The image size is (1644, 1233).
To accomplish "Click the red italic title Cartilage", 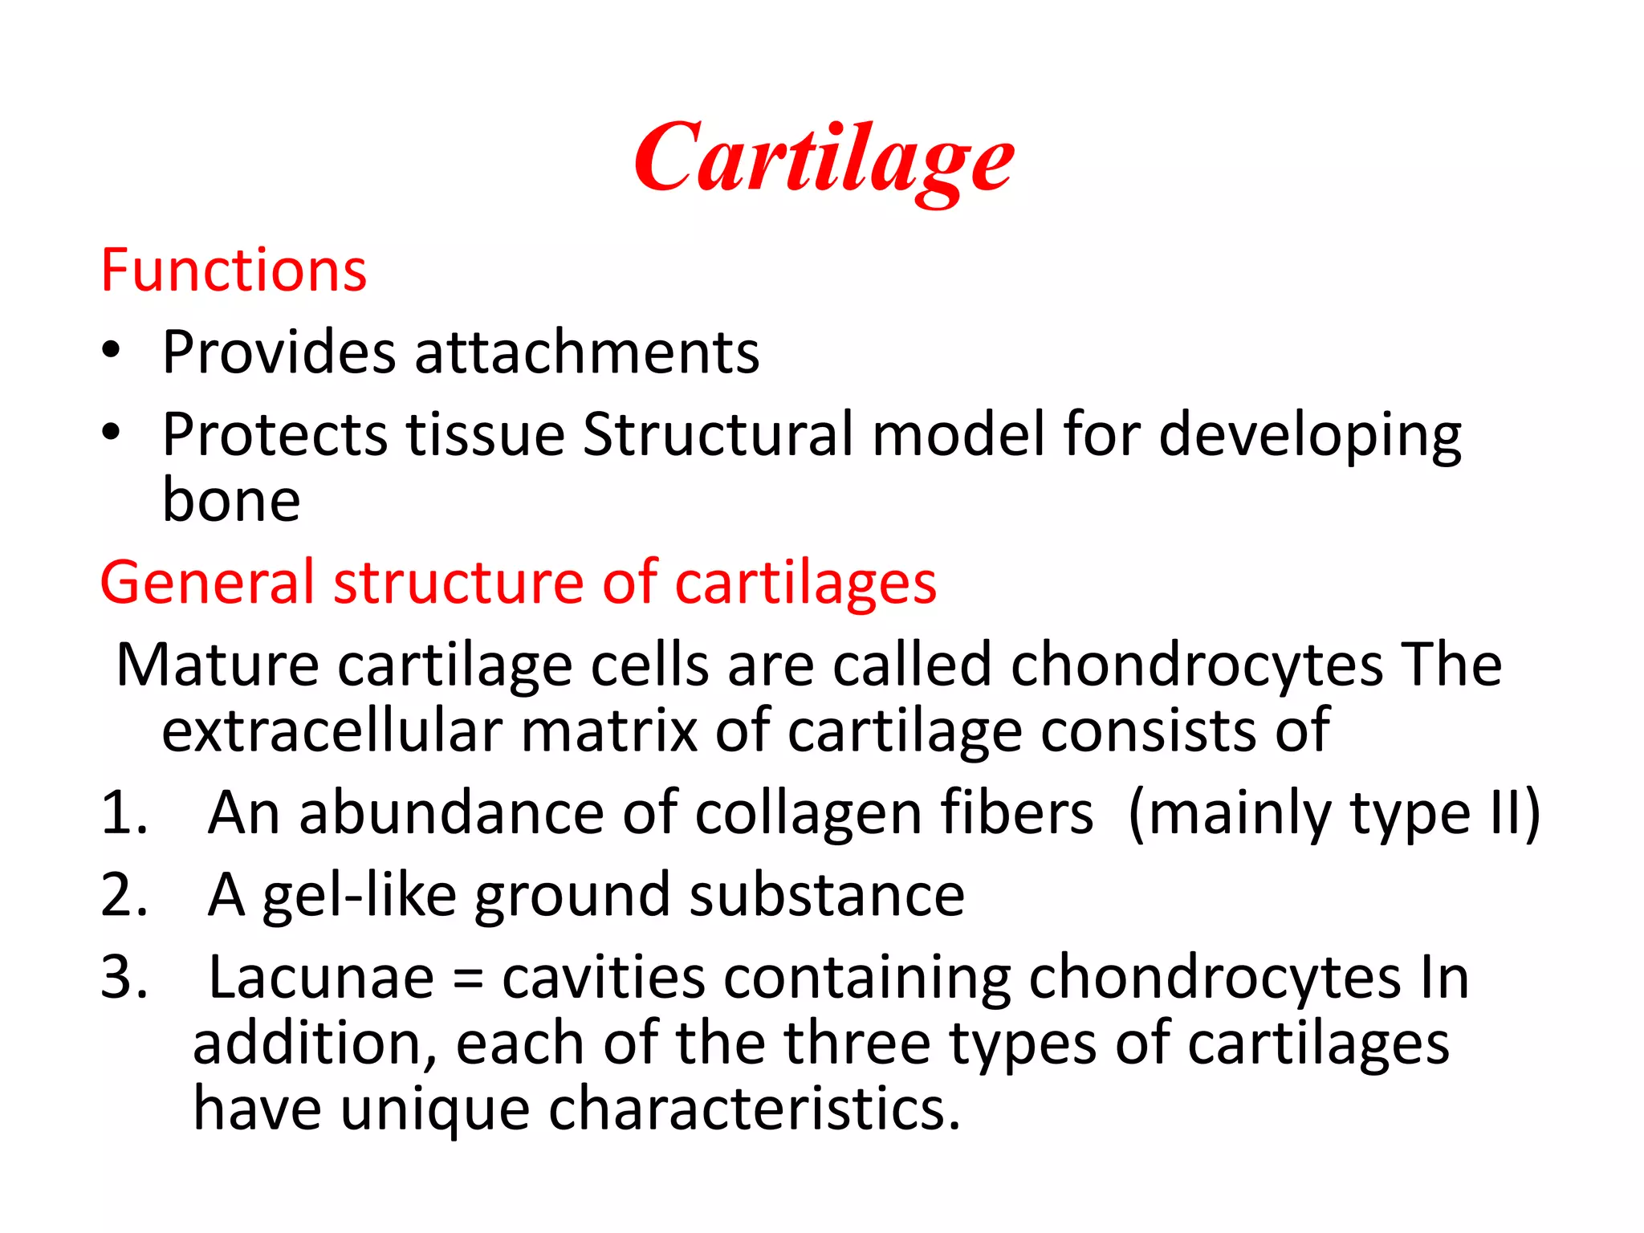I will click(x=824, y=161).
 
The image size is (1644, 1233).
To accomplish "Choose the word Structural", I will click(x=718, y=434).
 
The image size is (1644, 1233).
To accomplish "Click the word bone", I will click(x=231, y=500).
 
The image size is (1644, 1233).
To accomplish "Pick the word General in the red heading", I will click(x=206, y=582).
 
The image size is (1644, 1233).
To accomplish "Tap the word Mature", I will click(x=218, y=665).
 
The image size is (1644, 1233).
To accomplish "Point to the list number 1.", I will click(x=123, y=813).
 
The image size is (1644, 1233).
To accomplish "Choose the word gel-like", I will click(x=360, y=896).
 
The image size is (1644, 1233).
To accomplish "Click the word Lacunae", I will click(x=321, y=978).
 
